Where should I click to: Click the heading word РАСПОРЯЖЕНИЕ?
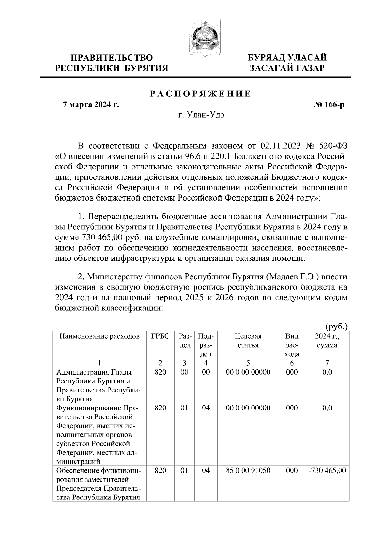coord(200,94)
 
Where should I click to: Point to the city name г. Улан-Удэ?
coord(201,115)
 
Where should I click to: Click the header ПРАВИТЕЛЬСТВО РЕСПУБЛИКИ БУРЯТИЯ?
coord(112,63)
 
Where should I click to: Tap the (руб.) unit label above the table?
coord(336,327)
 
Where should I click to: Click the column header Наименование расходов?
coord(100,336)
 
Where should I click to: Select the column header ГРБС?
coord(160,336)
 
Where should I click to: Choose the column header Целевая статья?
coord(248,341)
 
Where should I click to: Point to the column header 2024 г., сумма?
coord(327,341)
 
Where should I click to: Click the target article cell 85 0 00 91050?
coord(248,471)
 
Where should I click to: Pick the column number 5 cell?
coord(248,363)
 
